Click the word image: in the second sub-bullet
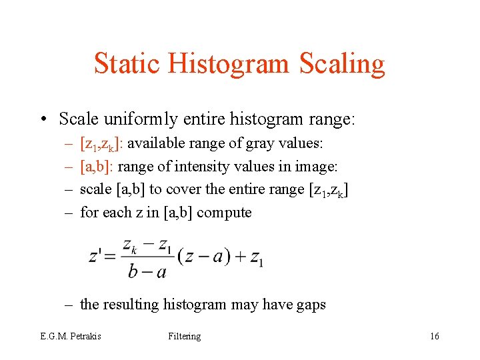click(317, 167)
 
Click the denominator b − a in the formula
click(147, 271)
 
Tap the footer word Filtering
click(185, 337)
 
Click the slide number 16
click(435, 337)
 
